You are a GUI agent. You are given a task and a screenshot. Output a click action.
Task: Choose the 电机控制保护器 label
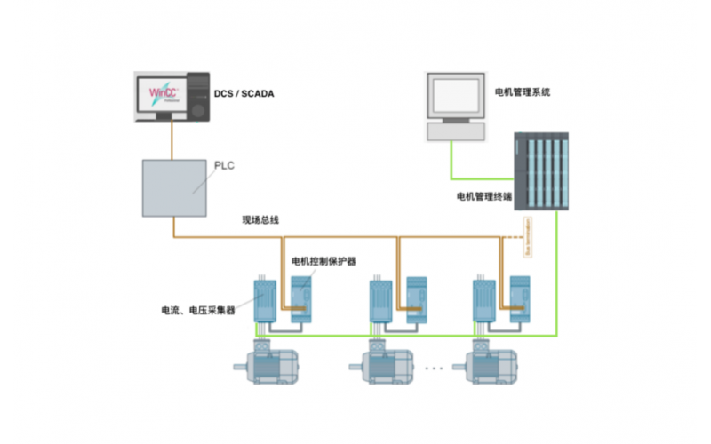tap(324, 262)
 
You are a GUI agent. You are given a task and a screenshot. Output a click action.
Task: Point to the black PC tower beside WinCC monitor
tap(199, 96)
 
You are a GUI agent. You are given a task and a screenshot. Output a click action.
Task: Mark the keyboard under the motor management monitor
tap(456, 132)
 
